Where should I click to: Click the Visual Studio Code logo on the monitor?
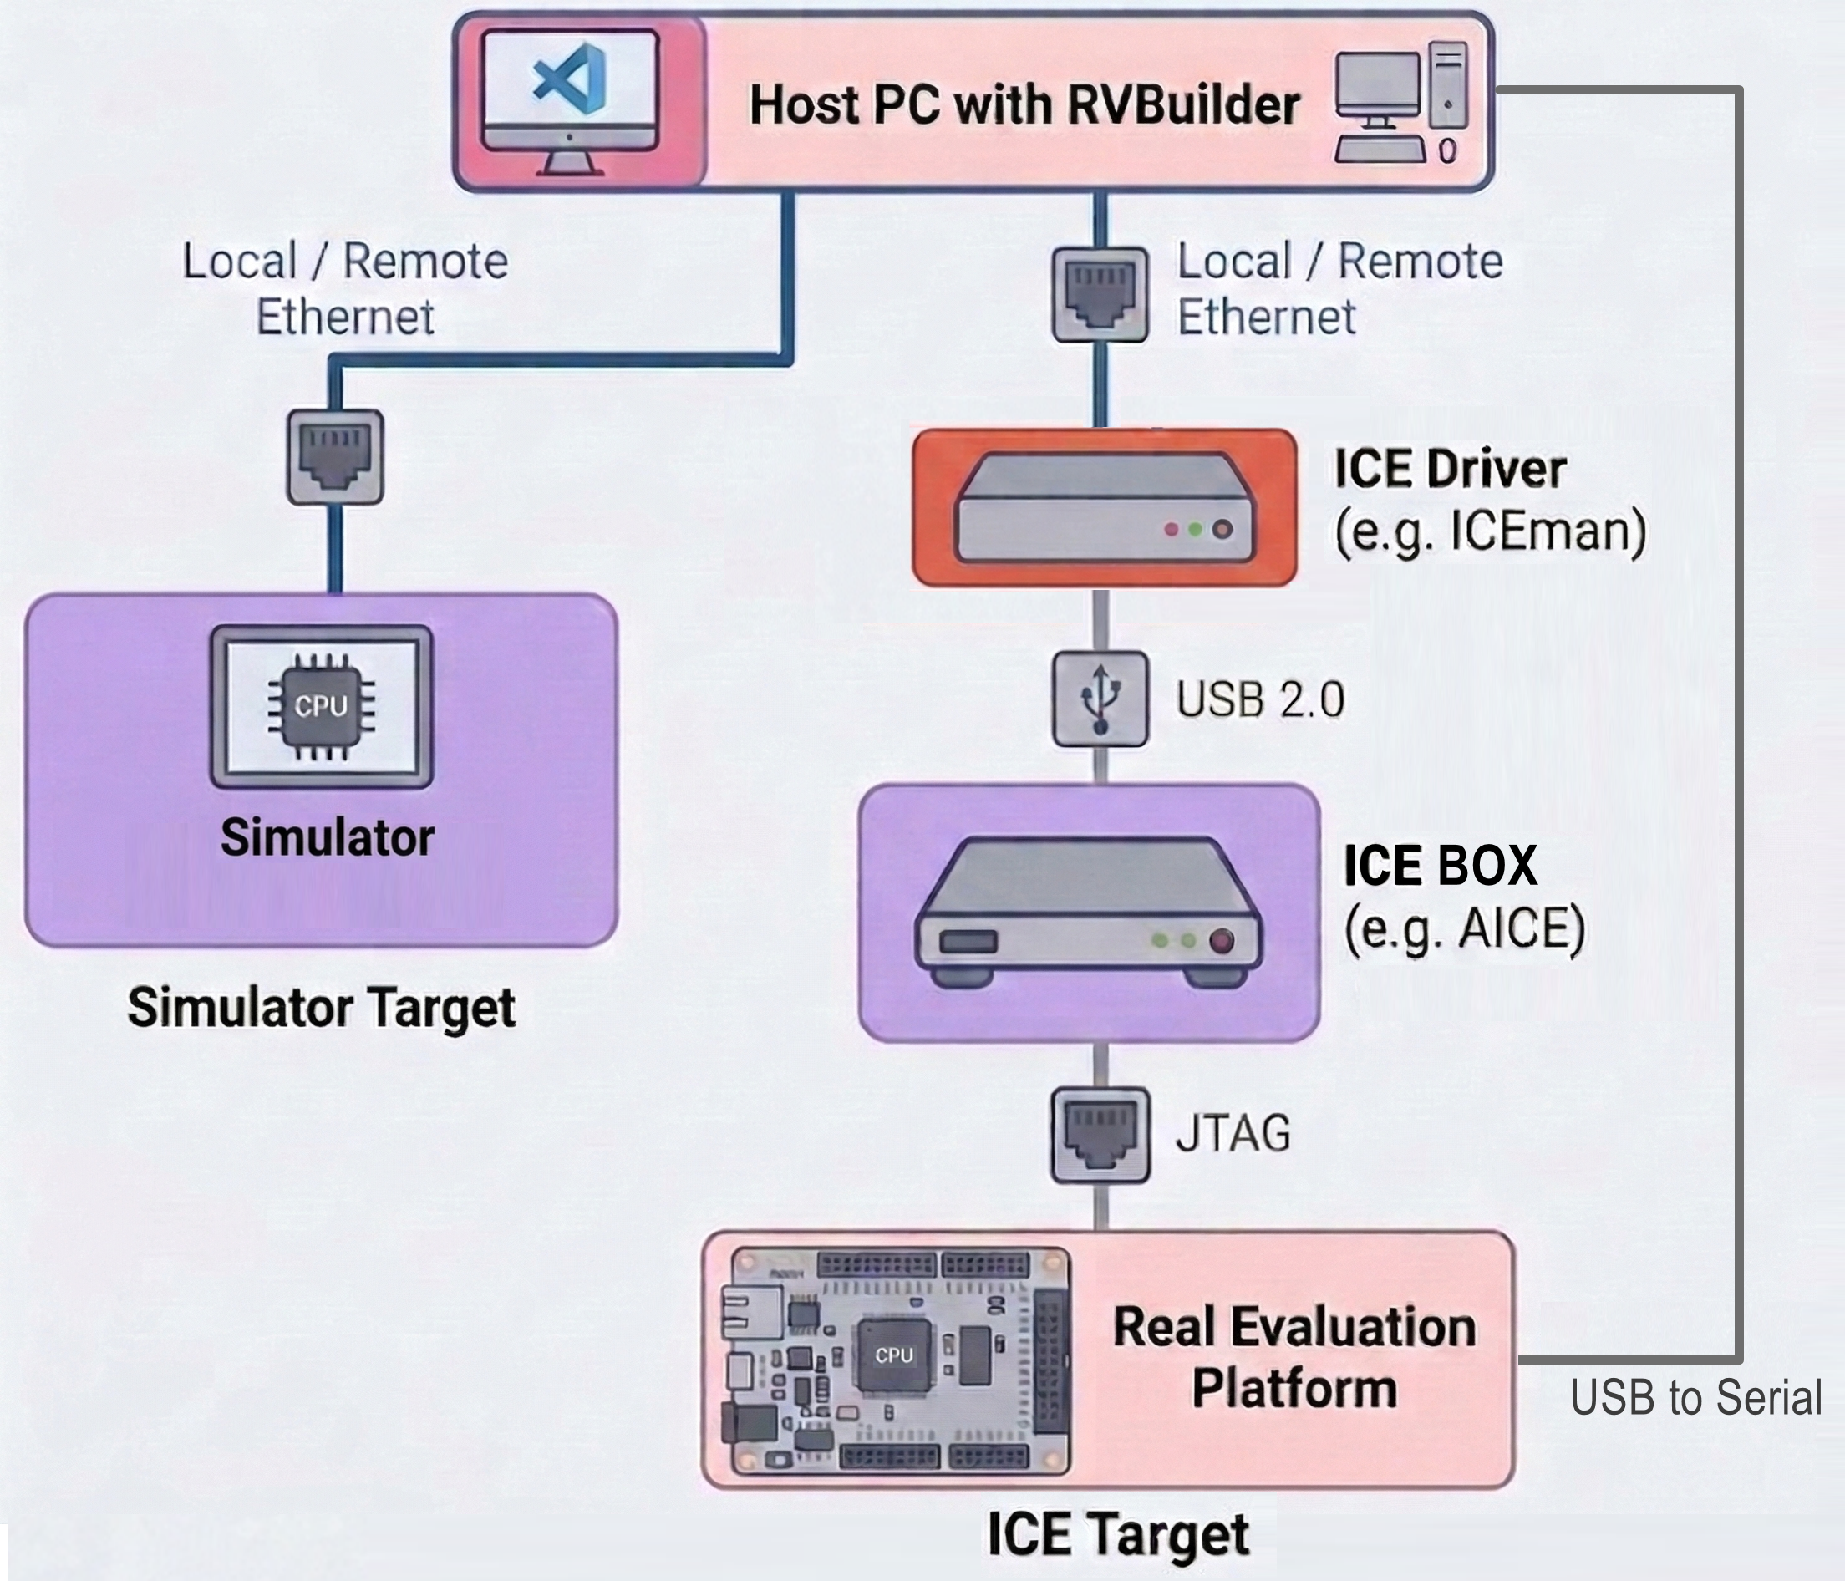[x=570, y=83]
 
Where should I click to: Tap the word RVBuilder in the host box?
[x=1183, y=105]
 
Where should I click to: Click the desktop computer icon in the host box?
[x=1400, y=104]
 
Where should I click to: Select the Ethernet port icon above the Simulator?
[x=335, y=457]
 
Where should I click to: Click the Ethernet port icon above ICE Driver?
[x=1100, y=294]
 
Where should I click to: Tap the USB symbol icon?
[x=1100, y=699]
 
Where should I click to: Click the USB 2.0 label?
[x=1259, y=699]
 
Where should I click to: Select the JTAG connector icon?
[x=1100, y=1135]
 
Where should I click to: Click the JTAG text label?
[x=1233, y=1134]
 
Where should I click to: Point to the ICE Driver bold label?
[x=1449, y=470]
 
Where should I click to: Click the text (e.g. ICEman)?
[x=1490, y=531]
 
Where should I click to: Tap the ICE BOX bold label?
[x=1440, y=865]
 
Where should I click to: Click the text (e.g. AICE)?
[x=1464, y=929]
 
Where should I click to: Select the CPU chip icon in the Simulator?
[x=322, y=706]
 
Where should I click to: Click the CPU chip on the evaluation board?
[x=893, y=1355]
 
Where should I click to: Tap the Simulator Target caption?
[x=322, y=1009]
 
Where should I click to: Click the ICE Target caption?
[x=1117, y=1534]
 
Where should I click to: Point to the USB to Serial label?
[x=1695, y=1397]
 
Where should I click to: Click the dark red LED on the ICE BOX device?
[x=1221, y=941]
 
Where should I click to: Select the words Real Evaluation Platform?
[x=1294, y=1357]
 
